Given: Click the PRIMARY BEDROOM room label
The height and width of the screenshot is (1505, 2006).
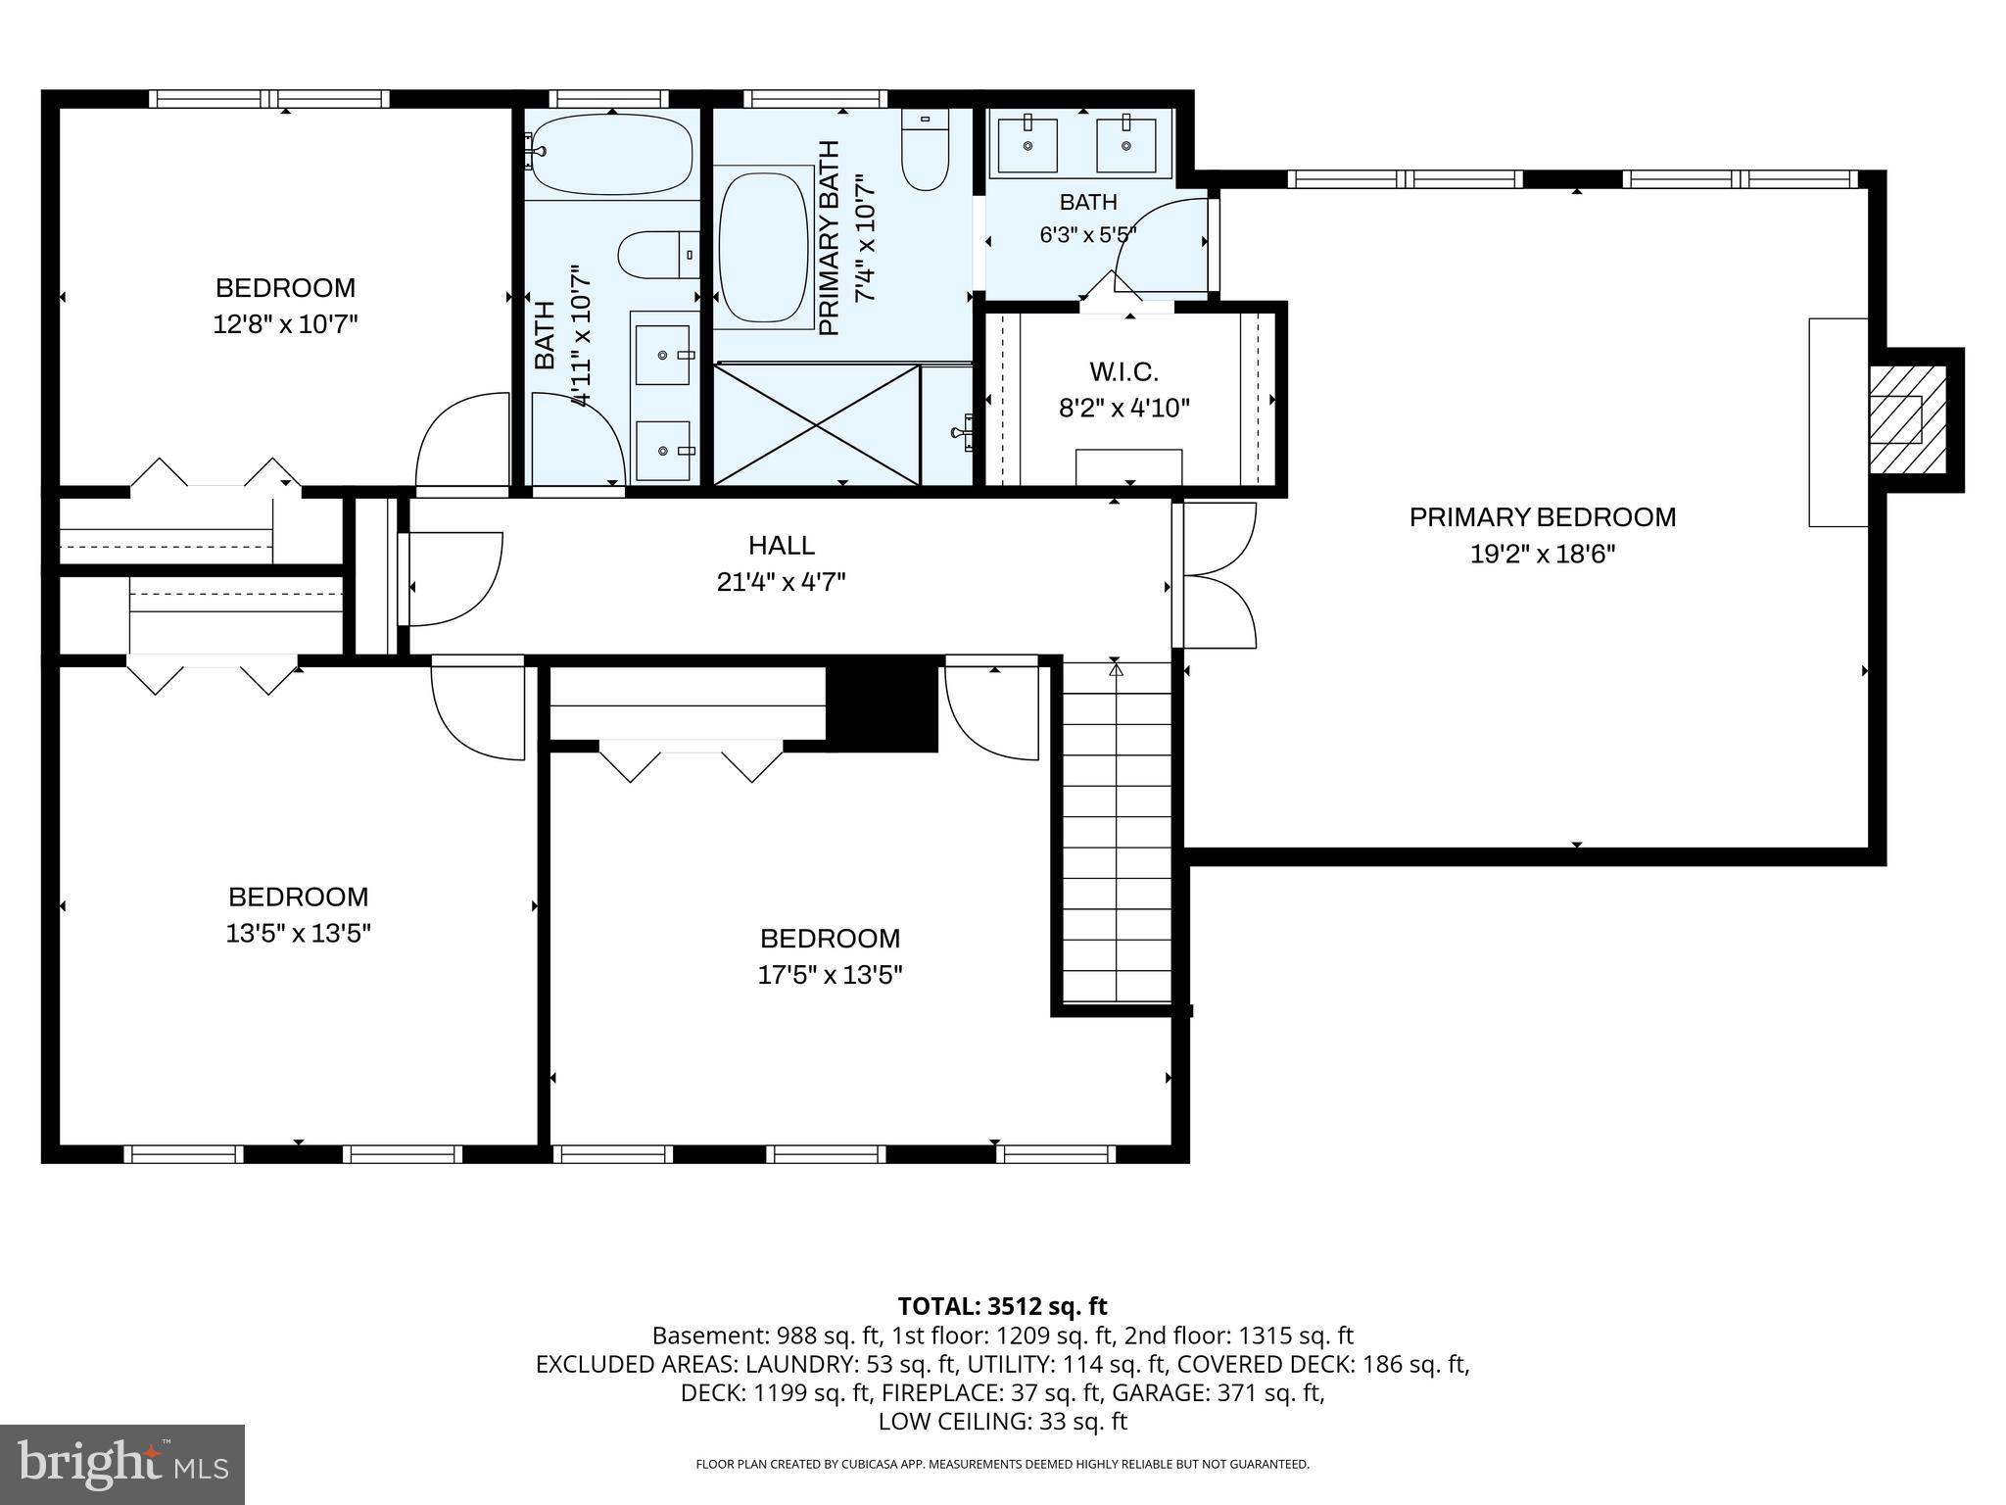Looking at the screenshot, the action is coord(1543,517).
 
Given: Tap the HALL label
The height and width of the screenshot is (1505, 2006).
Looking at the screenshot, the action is coord(782,545).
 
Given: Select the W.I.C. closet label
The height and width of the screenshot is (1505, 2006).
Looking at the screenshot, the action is coord(1123,372).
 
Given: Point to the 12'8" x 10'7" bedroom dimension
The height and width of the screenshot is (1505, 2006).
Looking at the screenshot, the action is coord(285,324).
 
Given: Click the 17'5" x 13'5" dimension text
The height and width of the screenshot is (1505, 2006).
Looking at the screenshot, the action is coord(830,975).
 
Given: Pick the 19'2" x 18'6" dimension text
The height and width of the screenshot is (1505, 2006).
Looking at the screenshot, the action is coord(1543,555).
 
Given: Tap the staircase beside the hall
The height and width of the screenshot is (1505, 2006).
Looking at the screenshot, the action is coord(1117,833).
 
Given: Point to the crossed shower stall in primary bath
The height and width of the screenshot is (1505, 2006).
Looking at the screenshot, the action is coord(817,424).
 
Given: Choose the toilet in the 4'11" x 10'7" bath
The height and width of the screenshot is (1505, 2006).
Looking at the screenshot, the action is coord(659,255).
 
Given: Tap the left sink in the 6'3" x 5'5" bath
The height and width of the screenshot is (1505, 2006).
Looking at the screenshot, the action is coord(1027,145).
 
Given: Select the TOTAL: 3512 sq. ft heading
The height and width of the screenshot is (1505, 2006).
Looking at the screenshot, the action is coord(1002,1306).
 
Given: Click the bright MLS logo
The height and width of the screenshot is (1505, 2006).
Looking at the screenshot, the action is coord(122,1465).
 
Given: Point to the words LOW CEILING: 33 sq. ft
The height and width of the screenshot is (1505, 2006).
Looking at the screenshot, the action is coord(1002,1421).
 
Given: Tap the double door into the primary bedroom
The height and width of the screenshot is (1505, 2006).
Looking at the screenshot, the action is coord(1215,575).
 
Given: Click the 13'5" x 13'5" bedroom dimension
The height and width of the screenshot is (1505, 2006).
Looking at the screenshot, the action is coord(299,934).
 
